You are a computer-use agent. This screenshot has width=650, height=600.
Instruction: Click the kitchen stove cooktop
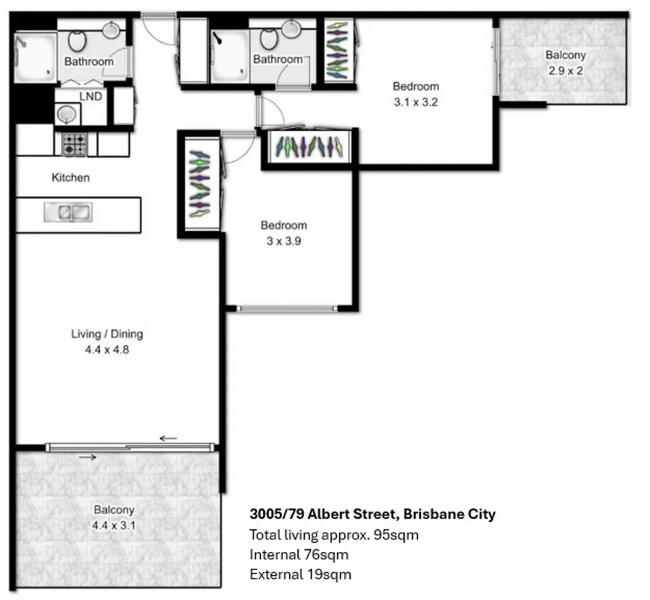click(75, 144)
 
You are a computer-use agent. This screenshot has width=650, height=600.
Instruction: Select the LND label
click(91, 97)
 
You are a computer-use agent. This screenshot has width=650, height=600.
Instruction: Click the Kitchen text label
click(71, 178)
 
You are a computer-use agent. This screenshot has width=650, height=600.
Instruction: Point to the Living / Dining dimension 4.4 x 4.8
click(107, 348)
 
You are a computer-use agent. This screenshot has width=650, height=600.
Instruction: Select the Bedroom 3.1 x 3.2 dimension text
click(416, 103)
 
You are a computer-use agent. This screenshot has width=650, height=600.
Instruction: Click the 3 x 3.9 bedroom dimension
click(284, 241)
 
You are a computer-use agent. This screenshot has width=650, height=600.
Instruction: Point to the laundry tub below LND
click(67, 115)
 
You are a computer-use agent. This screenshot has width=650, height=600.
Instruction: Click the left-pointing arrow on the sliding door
click(169, 438)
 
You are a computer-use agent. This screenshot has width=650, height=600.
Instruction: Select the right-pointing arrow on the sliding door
click(87, 457)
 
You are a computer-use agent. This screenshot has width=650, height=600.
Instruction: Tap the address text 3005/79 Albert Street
click(372, 515)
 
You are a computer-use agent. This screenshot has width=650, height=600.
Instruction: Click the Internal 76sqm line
click(299, 554)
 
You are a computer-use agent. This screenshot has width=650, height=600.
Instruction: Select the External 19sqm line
click(300, 574)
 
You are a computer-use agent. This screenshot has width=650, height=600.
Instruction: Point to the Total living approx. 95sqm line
click(334, 535)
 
